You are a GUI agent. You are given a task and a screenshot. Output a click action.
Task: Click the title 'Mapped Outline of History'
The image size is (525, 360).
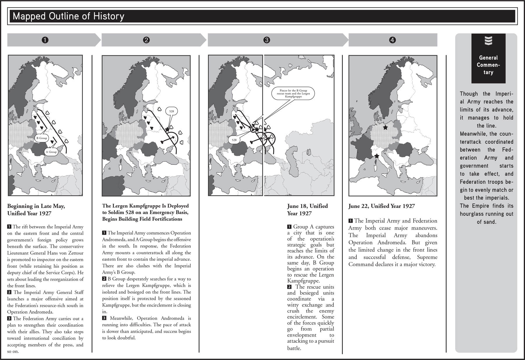[69, 16]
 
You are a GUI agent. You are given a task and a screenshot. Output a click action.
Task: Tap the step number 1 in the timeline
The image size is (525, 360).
[45, 40]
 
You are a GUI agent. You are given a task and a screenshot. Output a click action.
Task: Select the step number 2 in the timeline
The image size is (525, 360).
[146, 40]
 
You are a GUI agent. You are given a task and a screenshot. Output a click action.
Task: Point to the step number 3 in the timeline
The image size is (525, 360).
[266, 40]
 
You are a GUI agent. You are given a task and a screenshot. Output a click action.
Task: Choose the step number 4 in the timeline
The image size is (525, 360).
[393, 40]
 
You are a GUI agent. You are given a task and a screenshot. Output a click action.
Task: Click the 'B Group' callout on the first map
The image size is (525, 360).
[41, 138]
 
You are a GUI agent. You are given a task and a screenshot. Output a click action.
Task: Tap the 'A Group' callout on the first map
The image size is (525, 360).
[51, 152]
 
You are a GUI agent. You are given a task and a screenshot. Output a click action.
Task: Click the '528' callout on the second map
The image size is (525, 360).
[171, 111]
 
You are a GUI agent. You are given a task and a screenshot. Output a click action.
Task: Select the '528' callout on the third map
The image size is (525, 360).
[234, 140]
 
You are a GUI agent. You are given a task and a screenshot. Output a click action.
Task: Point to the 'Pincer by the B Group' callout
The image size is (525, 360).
[293, 94]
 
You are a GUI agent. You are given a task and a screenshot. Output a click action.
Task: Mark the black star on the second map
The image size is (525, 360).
[167, 129]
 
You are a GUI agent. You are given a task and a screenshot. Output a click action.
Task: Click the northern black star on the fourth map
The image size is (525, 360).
[385, 127]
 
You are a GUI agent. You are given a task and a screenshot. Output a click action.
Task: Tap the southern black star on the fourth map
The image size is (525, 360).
[377, 156]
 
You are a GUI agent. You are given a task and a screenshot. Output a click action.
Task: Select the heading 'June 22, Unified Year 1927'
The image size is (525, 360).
[381, 206]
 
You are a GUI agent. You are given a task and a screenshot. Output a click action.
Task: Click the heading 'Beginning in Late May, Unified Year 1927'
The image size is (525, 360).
[36, 210]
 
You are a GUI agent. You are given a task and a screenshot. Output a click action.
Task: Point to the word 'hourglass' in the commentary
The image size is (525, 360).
[474, 214]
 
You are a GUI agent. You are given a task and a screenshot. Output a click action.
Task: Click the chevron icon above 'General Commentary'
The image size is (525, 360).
[488, 41]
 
